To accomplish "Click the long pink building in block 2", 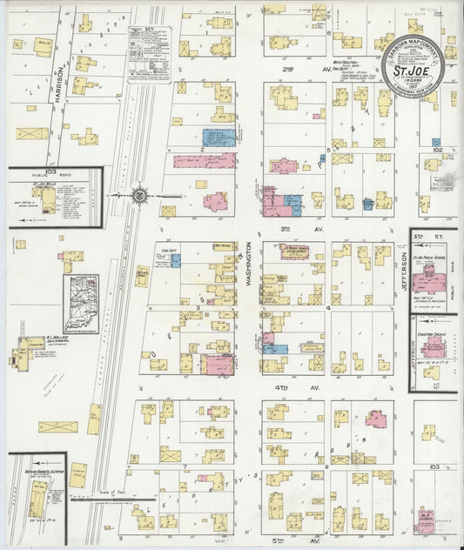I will [x=204, y=161].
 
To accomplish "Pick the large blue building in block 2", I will [x=219, y=137].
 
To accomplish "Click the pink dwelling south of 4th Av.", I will [x=376, y=419].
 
